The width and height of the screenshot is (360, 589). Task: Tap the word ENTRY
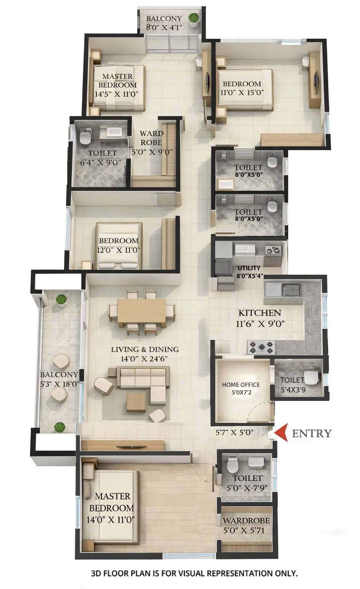[x=312, y=433]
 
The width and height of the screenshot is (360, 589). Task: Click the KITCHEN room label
[x=260, y=313]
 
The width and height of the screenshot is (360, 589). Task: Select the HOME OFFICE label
[x=241, y=385]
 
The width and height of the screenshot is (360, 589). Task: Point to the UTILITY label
[x=249, y=268]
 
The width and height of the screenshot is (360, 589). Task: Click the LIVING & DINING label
[x=144, y=349]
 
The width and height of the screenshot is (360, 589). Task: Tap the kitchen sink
[x=291, y=290]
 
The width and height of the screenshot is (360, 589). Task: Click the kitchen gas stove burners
[x=261, y=347]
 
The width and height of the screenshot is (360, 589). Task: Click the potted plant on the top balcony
[x=194, y=18]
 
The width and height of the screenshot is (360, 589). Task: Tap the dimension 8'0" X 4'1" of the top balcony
[x=164, y=27]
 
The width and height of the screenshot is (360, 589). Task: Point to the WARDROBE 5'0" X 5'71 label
[x=246, y=525]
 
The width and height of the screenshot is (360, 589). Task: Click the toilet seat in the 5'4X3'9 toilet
[x=311, y=378]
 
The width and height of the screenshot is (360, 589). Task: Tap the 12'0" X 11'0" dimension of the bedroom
[x=119, y=250]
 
